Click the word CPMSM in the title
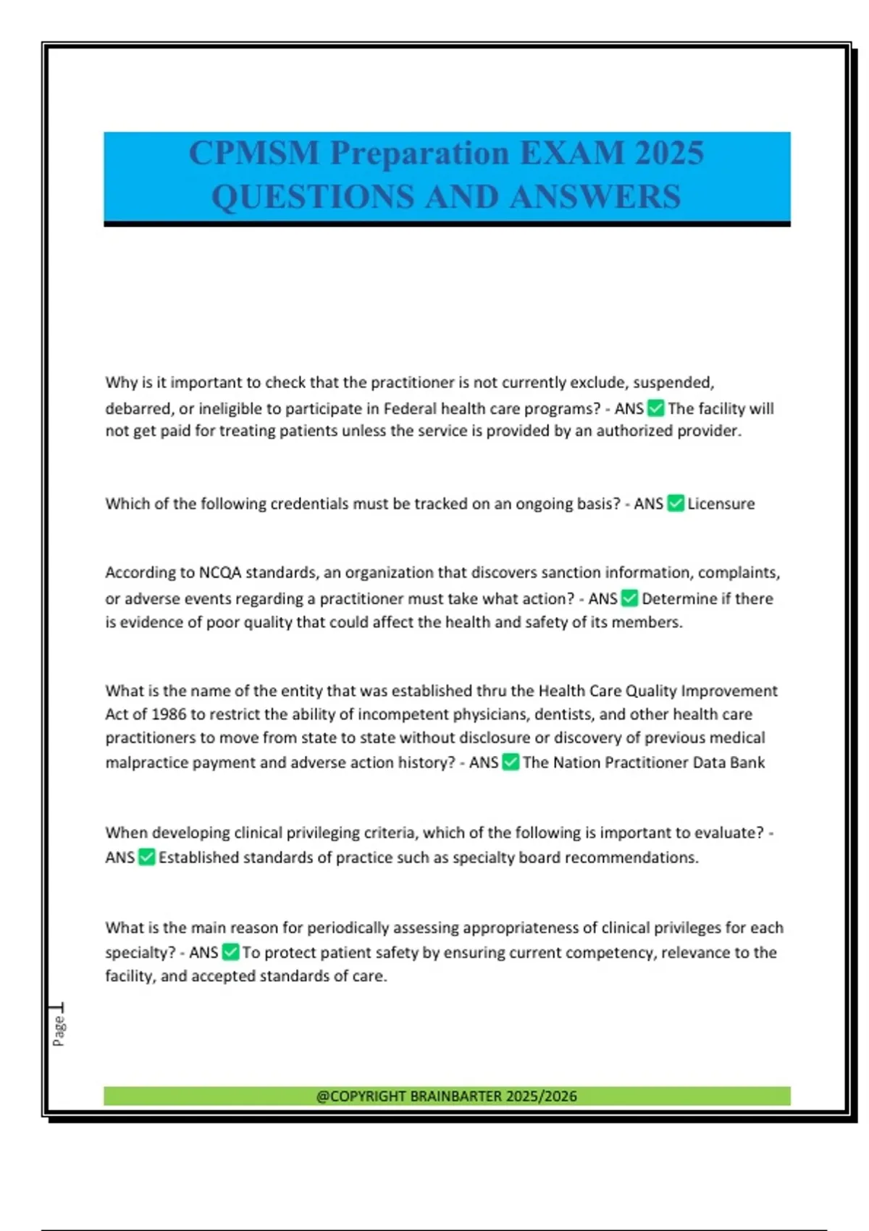point(253,153)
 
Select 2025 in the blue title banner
point(668,153)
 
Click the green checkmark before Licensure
point(675,503)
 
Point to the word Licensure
point(721,504)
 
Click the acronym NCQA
point(220,573)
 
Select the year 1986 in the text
point(169,715)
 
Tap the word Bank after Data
point(747,762)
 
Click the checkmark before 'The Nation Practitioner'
point(511,762)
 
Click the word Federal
point(409,408)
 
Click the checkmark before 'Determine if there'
point(629,598)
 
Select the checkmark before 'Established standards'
point(146,857)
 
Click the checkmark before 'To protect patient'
point(230,951)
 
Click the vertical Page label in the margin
point(59,1030)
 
